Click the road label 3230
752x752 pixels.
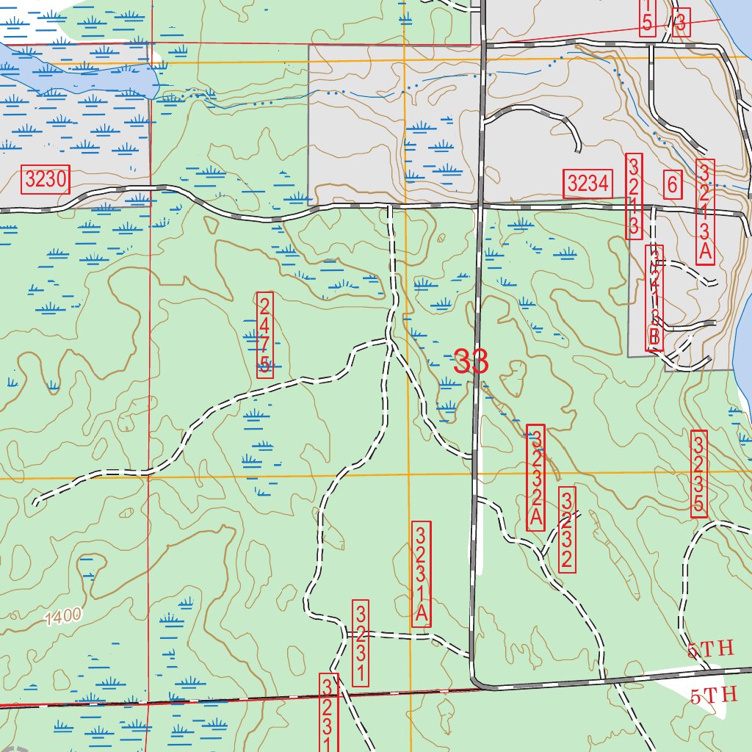[46, 178]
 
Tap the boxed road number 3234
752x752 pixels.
[587, 184]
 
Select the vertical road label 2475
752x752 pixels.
[265, 334]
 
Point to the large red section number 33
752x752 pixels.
[471, 361]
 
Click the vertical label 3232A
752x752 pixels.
[536, 477]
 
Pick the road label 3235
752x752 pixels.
[699, 474]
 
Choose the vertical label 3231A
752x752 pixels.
[422, 574]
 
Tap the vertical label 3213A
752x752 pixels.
[705, 211]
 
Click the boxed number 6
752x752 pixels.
[671, 184]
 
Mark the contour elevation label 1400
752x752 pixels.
[62, 618]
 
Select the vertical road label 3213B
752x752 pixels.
[654, 298]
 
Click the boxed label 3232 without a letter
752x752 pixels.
[567, 529]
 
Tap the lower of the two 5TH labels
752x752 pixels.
[712, 695]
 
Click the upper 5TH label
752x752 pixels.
[710, 649]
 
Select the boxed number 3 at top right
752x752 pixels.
[681, 23]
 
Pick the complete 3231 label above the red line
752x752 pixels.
[361, 644]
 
